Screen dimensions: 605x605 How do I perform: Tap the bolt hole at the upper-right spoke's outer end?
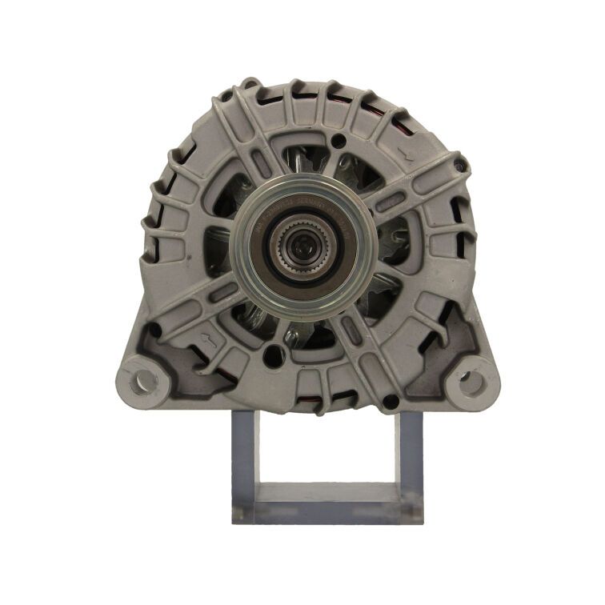(x=460, y=166)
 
